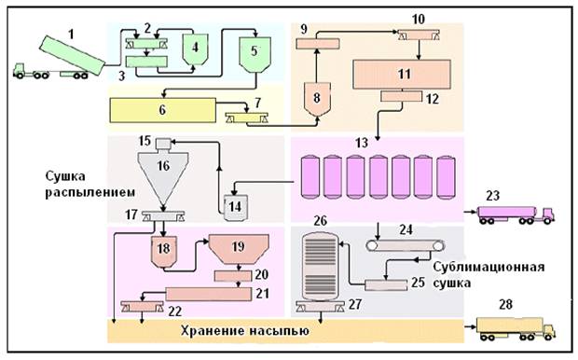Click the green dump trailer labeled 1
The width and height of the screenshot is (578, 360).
click(x=72, y=55)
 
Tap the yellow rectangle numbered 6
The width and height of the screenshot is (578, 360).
click(x=162, y=110)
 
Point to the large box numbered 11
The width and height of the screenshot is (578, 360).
click(x=402, y=74)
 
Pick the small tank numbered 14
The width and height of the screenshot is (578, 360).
click(x=236, y=207)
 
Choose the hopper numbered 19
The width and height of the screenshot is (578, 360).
click(x=239, y=250)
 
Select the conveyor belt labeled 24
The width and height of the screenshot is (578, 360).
click(x=406, y=245)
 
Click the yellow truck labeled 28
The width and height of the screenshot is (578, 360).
click(x=516, y=328)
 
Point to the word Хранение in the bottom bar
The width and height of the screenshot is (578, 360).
click(x=212, y=330)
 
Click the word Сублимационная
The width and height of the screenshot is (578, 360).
click(x=489, y=267)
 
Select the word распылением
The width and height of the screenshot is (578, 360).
click(x=89, y=192)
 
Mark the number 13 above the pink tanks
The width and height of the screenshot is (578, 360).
click(x=362, y=143)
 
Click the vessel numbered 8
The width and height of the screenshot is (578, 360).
click(x=317, y=100)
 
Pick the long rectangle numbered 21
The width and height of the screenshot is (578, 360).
click(x=209, y=294)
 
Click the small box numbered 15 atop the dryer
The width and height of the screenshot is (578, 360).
click(x=163, y=144)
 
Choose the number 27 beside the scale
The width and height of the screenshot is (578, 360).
click(x=355, y=304)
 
